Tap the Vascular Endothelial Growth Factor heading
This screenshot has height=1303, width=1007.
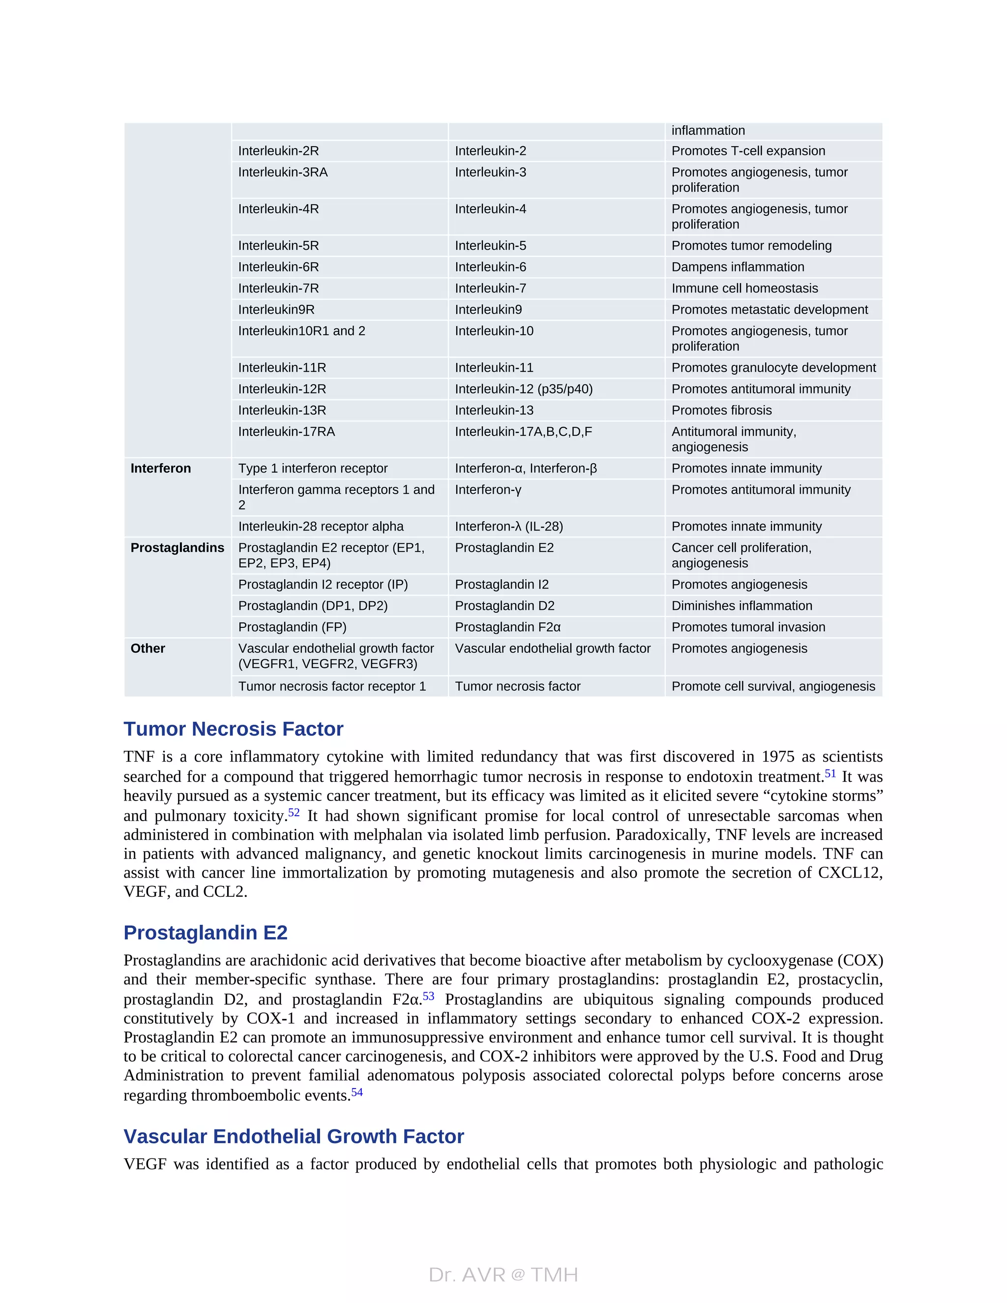(x=294, y=1136)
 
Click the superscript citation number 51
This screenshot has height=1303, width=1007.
(x=830, y=774)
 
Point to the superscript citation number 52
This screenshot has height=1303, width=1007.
(x=294, y=813)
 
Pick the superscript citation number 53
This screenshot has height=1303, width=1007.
(x=428, y=996)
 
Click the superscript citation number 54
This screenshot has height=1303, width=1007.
(x=357, y=1093)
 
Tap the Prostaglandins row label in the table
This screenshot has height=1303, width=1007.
(x=177, y=548)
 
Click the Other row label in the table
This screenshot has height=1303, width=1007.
(x=148, y=649)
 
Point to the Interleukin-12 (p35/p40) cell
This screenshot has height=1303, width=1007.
(x=524, y=389)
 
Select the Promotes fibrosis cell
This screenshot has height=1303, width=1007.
(x=721, y=411)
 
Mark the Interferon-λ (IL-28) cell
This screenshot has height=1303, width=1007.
(x=509, y=526)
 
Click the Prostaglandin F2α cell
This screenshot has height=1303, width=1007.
(x=507, y=627)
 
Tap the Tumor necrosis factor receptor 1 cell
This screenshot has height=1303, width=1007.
(x=332, y=686)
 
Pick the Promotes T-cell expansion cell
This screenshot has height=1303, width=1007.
(x=748, y=151)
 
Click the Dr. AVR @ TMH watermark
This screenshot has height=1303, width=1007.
(x=503, y=1275)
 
